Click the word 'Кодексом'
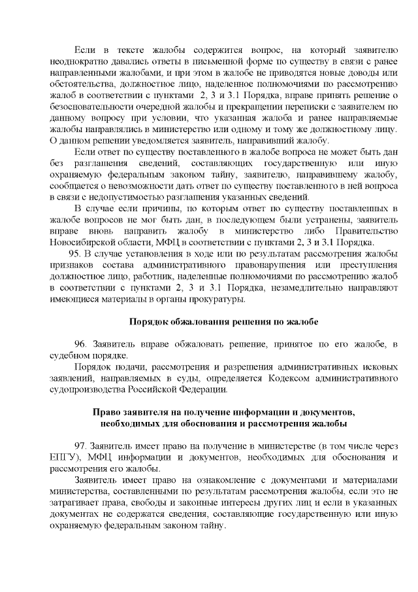coord(296,378)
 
